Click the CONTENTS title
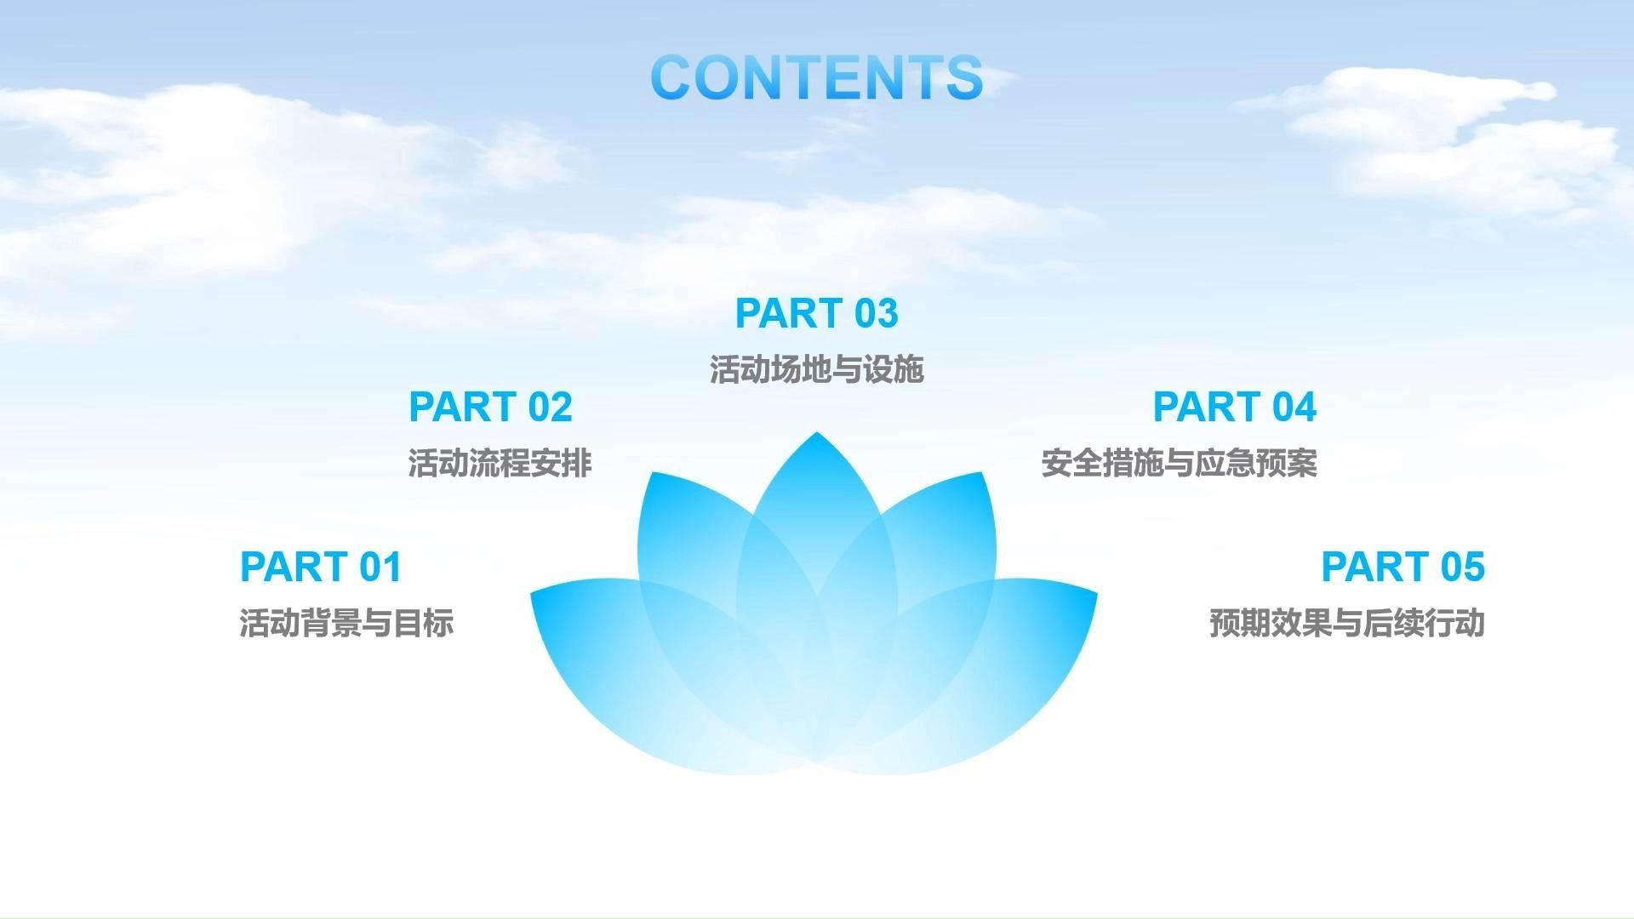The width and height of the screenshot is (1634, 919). pyautogui.click(x=817, y=77)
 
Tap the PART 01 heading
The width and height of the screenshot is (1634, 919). pyautogui.click(x=321, y=567)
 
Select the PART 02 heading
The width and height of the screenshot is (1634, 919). pyautogui.click(x=490, y=407)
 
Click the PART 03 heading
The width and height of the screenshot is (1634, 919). pyautogui.click(x=817, y=313)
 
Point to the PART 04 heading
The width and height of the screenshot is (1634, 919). pyautogui.click(x=1235, y=407)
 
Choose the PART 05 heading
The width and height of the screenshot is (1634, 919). pyautogui.click(x=1403, y=567)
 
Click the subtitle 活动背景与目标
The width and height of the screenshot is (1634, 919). pyautogui.click(x=346, y=623)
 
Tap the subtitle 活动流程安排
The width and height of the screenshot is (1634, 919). pyautogui.click(x=500, y=463)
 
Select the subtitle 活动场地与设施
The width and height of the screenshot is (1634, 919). pyautogui.click(x=817, y=369)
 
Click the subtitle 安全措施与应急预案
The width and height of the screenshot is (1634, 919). pyautogui.click(x=1180, y=463)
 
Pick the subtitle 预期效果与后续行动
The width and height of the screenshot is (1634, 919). pyautogui.click(x=1347, y=623)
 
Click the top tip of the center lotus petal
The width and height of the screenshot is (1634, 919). pyautogui.click(x=817, y=432)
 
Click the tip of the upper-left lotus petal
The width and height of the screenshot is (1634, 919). pyautogui.click(x=651, y=472)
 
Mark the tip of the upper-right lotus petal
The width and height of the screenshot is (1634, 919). pyautogui.click(x=982, y=472)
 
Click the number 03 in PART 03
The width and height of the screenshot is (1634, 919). pyautogui.click(x=877, y=313)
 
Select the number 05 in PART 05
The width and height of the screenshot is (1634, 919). pyautogui.click(x=1463, y=567)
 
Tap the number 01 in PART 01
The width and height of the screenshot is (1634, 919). pyautogui.click(x=380, y=567)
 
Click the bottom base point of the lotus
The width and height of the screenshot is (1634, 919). pyautogui.click(x=817, y=760)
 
